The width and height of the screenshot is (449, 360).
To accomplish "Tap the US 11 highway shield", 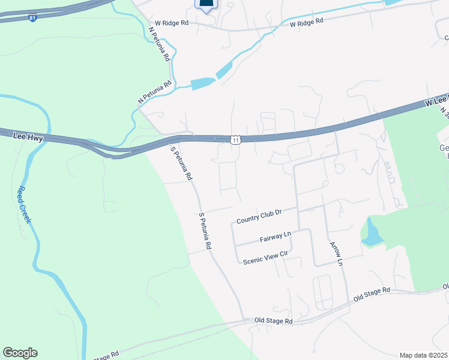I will click(x=236, y=140).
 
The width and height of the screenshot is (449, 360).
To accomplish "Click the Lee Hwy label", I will click(x=28, y=137).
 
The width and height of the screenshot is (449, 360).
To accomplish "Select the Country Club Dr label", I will click(x=259, y=216).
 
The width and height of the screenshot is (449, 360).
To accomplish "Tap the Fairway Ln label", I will click(x=275, y=237).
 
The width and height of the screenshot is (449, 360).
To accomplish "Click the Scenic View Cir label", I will click(x=266, y=256).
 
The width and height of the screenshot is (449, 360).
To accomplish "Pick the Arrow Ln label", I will click(x=336, y=254).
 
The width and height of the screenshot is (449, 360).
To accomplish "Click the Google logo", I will click(x=20, y=352).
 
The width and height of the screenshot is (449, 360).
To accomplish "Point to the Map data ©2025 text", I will click(x=424, y=355).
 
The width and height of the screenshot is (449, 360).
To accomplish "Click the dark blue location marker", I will click(x=206, y=5).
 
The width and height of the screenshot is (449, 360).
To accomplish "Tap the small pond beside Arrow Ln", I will click(x=371, y=233).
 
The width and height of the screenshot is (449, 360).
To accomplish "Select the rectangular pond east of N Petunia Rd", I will click(x=203, y=84).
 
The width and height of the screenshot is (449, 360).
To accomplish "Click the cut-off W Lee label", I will click(x=437, y=101).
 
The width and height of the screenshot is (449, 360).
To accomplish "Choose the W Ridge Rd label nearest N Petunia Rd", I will click(x=172, y=23).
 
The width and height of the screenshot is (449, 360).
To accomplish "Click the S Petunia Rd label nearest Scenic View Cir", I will click(x=205, y=231).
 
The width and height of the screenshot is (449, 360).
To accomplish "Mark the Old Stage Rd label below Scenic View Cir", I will click(x=273, y=321).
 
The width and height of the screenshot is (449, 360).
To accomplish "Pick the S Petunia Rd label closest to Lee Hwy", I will click(x=181, y=164).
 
